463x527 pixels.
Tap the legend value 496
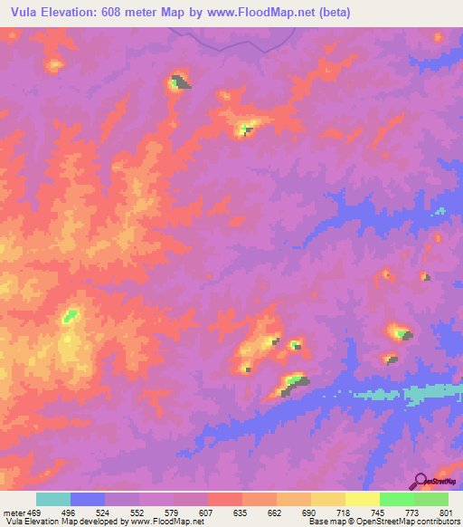[71, 511]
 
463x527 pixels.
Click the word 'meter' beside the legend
[13, 511]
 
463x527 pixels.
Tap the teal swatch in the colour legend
[53, 499]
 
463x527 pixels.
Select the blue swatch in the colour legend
[88, 499]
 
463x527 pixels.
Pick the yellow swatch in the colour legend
[328, 499]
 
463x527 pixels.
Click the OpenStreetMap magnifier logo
[420, 480]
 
